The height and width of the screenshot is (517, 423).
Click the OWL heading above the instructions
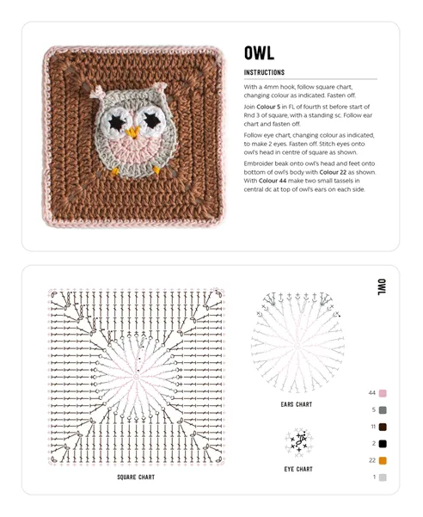[x=259, y=53]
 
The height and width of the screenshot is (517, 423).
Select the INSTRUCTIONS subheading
[x=264, y=73]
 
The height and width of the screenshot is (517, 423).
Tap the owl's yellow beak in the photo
[x=133, y=132]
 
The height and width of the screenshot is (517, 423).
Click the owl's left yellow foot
[x=115, y=170]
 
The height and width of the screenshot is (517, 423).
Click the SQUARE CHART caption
[x=136, y=477]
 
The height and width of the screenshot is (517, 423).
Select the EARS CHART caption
[x=297, y=404]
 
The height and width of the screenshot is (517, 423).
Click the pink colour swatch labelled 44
[x=383, y=393]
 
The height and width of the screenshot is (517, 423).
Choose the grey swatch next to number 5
[x=383, y=410]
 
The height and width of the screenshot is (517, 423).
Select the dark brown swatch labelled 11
[x=383, y=427]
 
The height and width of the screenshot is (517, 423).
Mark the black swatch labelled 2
[x=383, y=444]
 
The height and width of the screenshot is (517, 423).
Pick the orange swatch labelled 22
[x=383, y=460]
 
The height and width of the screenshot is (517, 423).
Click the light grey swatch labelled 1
[x=383, y=477]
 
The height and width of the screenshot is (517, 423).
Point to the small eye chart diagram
[x=298, y=442]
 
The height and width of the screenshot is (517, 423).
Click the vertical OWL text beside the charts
[x=381, y=286]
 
